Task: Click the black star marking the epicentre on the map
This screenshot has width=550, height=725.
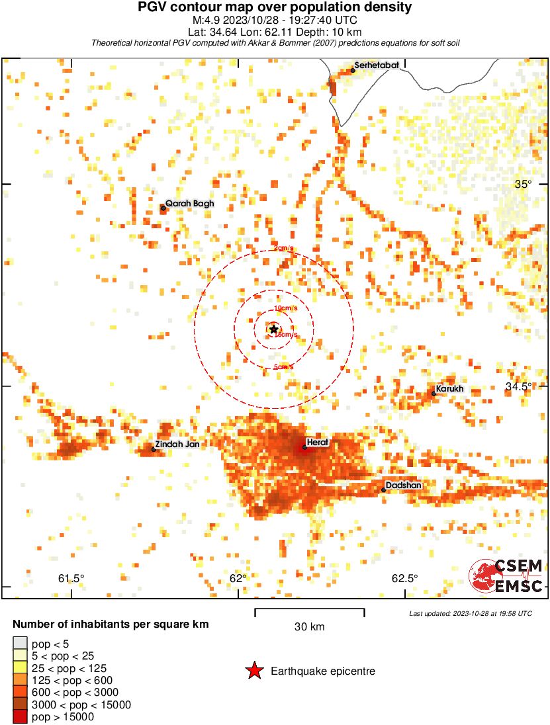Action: (x=274, y=329)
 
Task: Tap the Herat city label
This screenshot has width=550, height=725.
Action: (x=316, y=442)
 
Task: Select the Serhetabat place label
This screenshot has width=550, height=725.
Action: (x=377, y=65)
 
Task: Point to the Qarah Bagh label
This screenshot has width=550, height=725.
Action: (x=189, y=204)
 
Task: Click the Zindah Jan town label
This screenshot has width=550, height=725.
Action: (x=177, y=445)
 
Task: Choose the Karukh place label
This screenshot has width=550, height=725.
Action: (x=449, y=389)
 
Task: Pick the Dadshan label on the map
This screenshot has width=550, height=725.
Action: (x=403, y=486)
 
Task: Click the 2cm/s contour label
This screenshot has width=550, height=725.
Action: (x=283, y=249)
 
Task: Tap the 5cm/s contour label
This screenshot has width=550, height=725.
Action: (x=283, y=367)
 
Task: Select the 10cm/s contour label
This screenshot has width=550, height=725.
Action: (x=285, y=309)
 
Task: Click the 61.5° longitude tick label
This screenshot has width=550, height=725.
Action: (x=71, y=578)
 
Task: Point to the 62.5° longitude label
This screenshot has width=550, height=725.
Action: (x=404, y=578)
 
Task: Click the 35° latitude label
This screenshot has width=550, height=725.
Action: (x=523, y=185)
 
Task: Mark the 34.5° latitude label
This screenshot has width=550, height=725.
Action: (x=518, y=386)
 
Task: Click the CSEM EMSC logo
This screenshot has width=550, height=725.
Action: (x=506, y=576)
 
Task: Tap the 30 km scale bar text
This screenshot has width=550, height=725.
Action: (x=309, y=626)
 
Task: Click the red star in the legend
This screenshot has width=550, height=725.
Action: (x=254, y=671)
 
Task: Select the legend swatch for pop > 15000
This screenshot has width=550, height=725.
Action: (x=20, y=716)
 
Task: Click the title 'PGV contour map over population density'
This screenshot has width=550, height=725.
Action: (x=274, y=7)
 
